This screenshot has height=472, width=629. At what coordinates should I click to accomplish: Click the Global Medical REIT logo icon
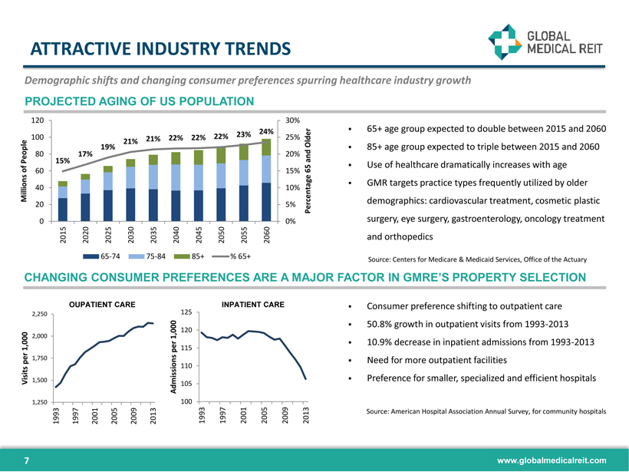[x=504, y=41]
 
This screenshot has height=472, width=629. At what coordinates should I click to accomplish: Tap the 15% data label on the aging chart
[x=63, y=160]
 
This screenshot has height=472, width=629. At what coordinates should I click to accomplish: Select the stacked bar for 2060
[x=267, y=181]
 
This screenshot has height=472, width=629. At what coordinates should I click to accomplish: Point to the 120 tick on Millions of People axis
[x=36, y=121]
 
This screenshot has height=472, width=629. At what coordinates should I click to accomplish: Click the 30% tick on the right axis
[x=292, y=121]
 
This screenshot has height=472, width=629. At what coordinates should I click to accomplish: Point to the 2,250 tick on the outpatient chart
[x=38, y=314]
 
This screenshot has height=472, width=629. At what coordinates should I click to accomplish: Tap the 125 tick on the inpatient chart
[x=186, y=312]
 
